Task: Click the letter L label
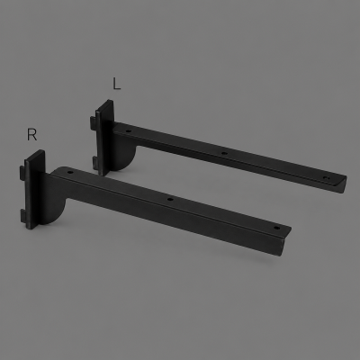coord(116,84)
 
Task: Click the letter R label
coord(31,134)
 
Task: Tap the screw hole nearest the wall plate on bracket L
coord(129,131)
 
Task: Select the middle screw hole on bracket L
coord(224,153)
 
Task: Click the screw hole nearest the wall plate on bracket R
coord(70,173)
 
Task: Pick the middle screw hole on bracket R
coord(170,199)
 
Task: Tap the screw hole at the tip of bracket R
coord(277,228)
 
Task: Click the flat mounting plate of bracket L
coord(104,138)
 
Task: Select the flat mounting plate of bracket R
coord(35,190)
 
